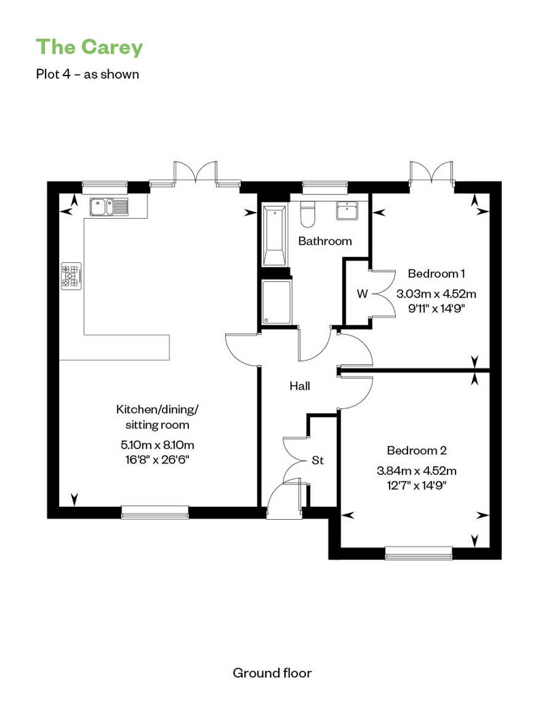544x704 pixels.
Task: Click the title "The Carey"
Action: pyautogui.click(x=89, y=48)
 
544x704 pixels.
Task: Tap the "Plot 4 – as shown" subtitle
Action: pyautogui.click(x=88, y=74)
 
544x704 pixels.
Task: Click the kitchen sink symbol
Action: pyautogui.click(x=109, y=207)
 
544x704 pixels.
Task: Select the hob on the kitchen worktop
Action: pyautogui.click(x=71, y=276)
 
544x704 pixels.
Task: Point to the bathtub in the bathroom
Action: pyautogui.click(x=274, y=236)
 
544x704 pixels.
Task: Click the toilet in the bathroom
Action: pyautogui.click(x=308, y=215)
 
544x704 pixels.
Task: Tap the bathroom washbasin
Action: pyautogui.click(x=347, y=211)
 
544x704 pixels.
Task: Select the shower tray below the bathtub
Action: pyautogui.click(x=276, y=302)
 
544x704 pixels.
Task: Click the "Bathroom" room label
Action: pyautogui.click(x=325, y=241)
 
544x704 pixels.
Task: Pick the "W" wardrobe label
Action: pyautogui.click(x=362, y=294)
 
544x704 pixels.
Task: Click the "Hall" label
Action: pyautogui.click(x=300, y=386)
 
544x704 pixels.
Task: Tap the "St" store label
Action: pyautogui.click(x=318, y=461)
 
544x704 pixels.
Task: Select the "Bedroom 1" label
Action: pyautogui.click(x=436, y=273)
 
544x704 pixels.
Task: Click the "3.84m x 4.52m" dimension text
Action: pyautogui.click(x=416, y=471)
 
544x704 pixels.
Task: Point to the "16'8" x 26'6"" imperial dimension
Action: pyautogui.click(x=157, y=460)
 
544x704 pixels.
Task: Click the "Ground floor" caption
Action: pyautogui.click(x=272, y=673)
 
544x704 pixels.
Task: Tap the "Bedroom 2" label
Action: pyautogui.click(x=417, y=451)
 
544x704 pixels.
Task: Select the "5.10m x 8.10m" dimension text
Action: pyautogui.click(x=157, y=445)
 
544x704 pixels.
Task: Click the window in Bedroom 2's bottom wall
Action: pyautogui.click(x=419, y=553)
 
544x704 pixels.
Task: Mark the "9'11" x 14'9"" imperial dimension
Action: pyautogui.click(x=436, y=309)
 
